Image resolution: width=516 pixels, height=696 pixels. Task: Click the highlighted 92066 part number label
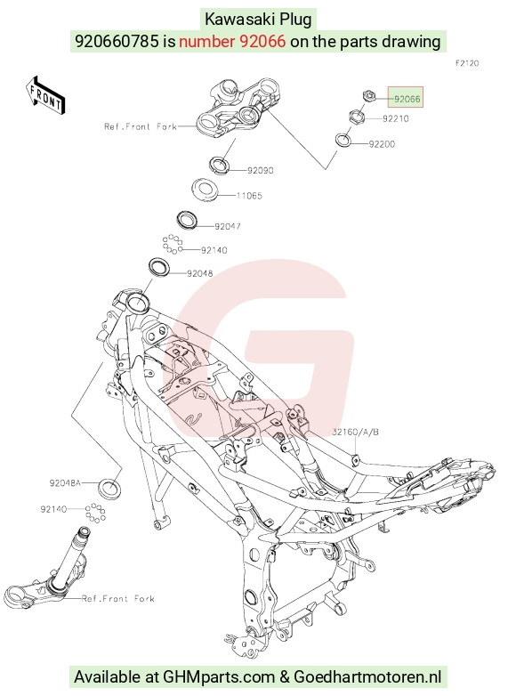tap(407, 99)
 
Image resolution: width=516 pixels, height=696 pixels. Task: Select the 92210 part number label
tap(396, 118)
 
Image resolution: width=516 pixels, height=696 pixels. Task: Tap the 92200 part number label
tap(382, 144)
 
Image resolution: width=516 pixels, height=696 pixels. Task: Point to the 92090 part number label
tap(261, 171)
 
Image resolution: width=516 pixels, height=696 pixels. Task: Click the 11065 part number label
tap(249, 196)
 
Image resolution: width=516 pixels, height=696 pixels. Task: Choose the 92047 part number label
tap(228, 226)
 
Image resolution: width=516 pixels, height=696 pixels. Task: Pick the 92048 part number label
tap(199, 274)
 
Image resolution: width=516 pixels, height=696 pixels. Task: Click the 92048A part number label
tap(65, 482)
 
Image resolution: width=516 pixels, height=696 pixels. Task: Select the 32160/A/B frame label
tap(355, 432)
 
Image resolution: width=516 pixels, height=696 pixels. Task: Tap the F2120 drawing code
tap(467, 63)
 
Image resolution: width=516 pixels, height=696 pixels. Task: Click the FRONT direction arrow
tap(44, 96)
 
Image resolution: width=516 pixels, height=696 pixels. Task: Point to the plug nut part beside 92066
tap(368, 95)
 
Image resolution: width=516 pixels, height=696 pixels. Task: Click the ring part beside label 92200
tap(343, 140)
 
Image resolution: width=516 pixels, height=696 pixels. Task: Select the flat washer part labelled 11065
tap(204, 188)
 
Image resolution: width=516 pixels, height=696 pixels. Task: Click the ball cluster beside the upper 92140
tap(172, 244)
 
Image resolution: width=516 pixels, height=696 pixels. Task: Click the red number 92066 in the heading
tap(232, 41)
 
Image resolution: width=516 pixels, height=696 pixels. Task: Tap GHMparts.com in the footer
tap(219, 677)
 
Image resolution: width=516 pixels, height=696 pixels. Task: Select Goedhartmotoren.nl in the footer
tap(367, 677)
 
